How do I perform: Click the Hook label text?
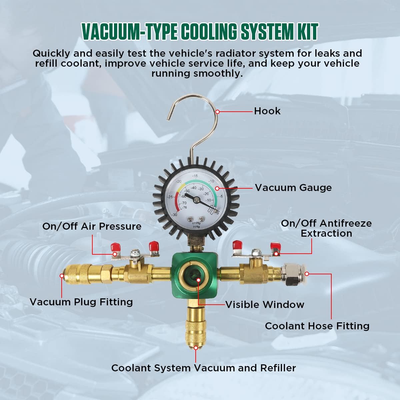click(267, 111)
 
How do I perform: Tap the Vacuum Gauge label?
click(293, 188)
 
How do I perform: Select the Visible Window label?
click(265, 304)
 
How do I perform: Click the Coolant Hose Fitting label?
click(317, 326)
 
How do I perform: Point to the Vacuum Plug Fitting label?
click(81, 302)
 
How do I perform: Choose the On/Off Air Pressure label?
click(92, 226)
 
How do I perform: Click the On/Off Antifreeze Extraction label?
click(326, 228)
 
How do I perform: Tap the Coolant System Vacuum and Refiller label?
click(203, 368)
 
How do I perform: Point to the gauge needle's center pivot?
click(196, 200)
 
